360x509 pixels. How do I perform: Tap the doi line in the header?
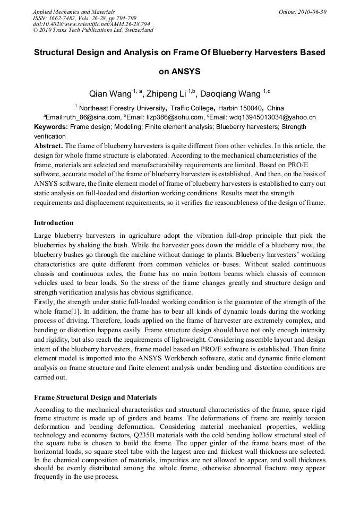[x=91, y=24]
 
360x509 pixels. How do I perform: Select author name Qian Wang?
[x=109, y=94]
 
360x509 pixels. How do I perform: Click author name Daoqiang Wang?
[x=230, y=94]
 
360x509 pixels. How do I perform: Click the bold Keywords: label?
[x=51, y=127]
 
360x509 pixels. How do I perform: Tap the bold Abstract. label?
[x=48, y=145]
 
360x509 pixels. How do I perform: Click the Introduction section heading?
[x=54, y=222]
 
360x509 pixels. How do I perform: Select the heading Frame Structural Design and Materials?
[x=95, y=397]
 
